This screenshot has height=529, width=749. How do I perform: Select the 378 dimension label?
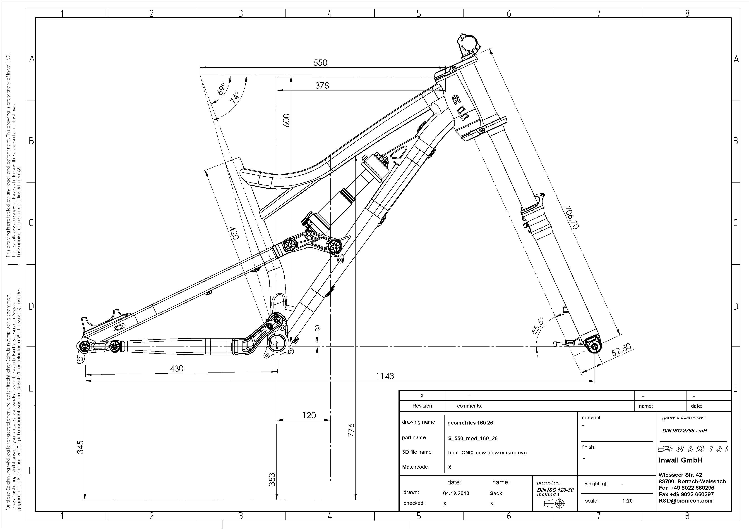click(322, 85)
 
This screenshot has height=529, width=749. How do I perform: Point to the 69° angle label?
click(222, 88)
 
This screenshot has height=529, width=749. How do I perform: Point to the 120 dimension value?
click(309, 415)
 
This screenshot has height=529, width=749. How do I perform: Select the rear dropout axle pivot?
click(84, 346)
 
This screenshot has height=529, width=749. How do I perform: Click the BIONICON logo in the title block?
click(693, 449)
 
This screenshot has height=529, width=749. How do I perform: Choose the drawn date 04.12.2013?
click(456, 493)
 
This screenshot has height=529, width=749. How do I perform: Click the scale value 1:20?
click(627, 501)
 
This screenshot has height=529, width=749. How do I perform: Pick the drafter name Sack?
click(496, 493)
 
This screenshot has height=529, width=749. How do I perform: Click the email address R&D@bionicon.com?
click(685, 501)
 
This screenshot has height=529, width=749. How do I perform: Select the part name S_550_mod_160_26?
click(473, 438)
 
